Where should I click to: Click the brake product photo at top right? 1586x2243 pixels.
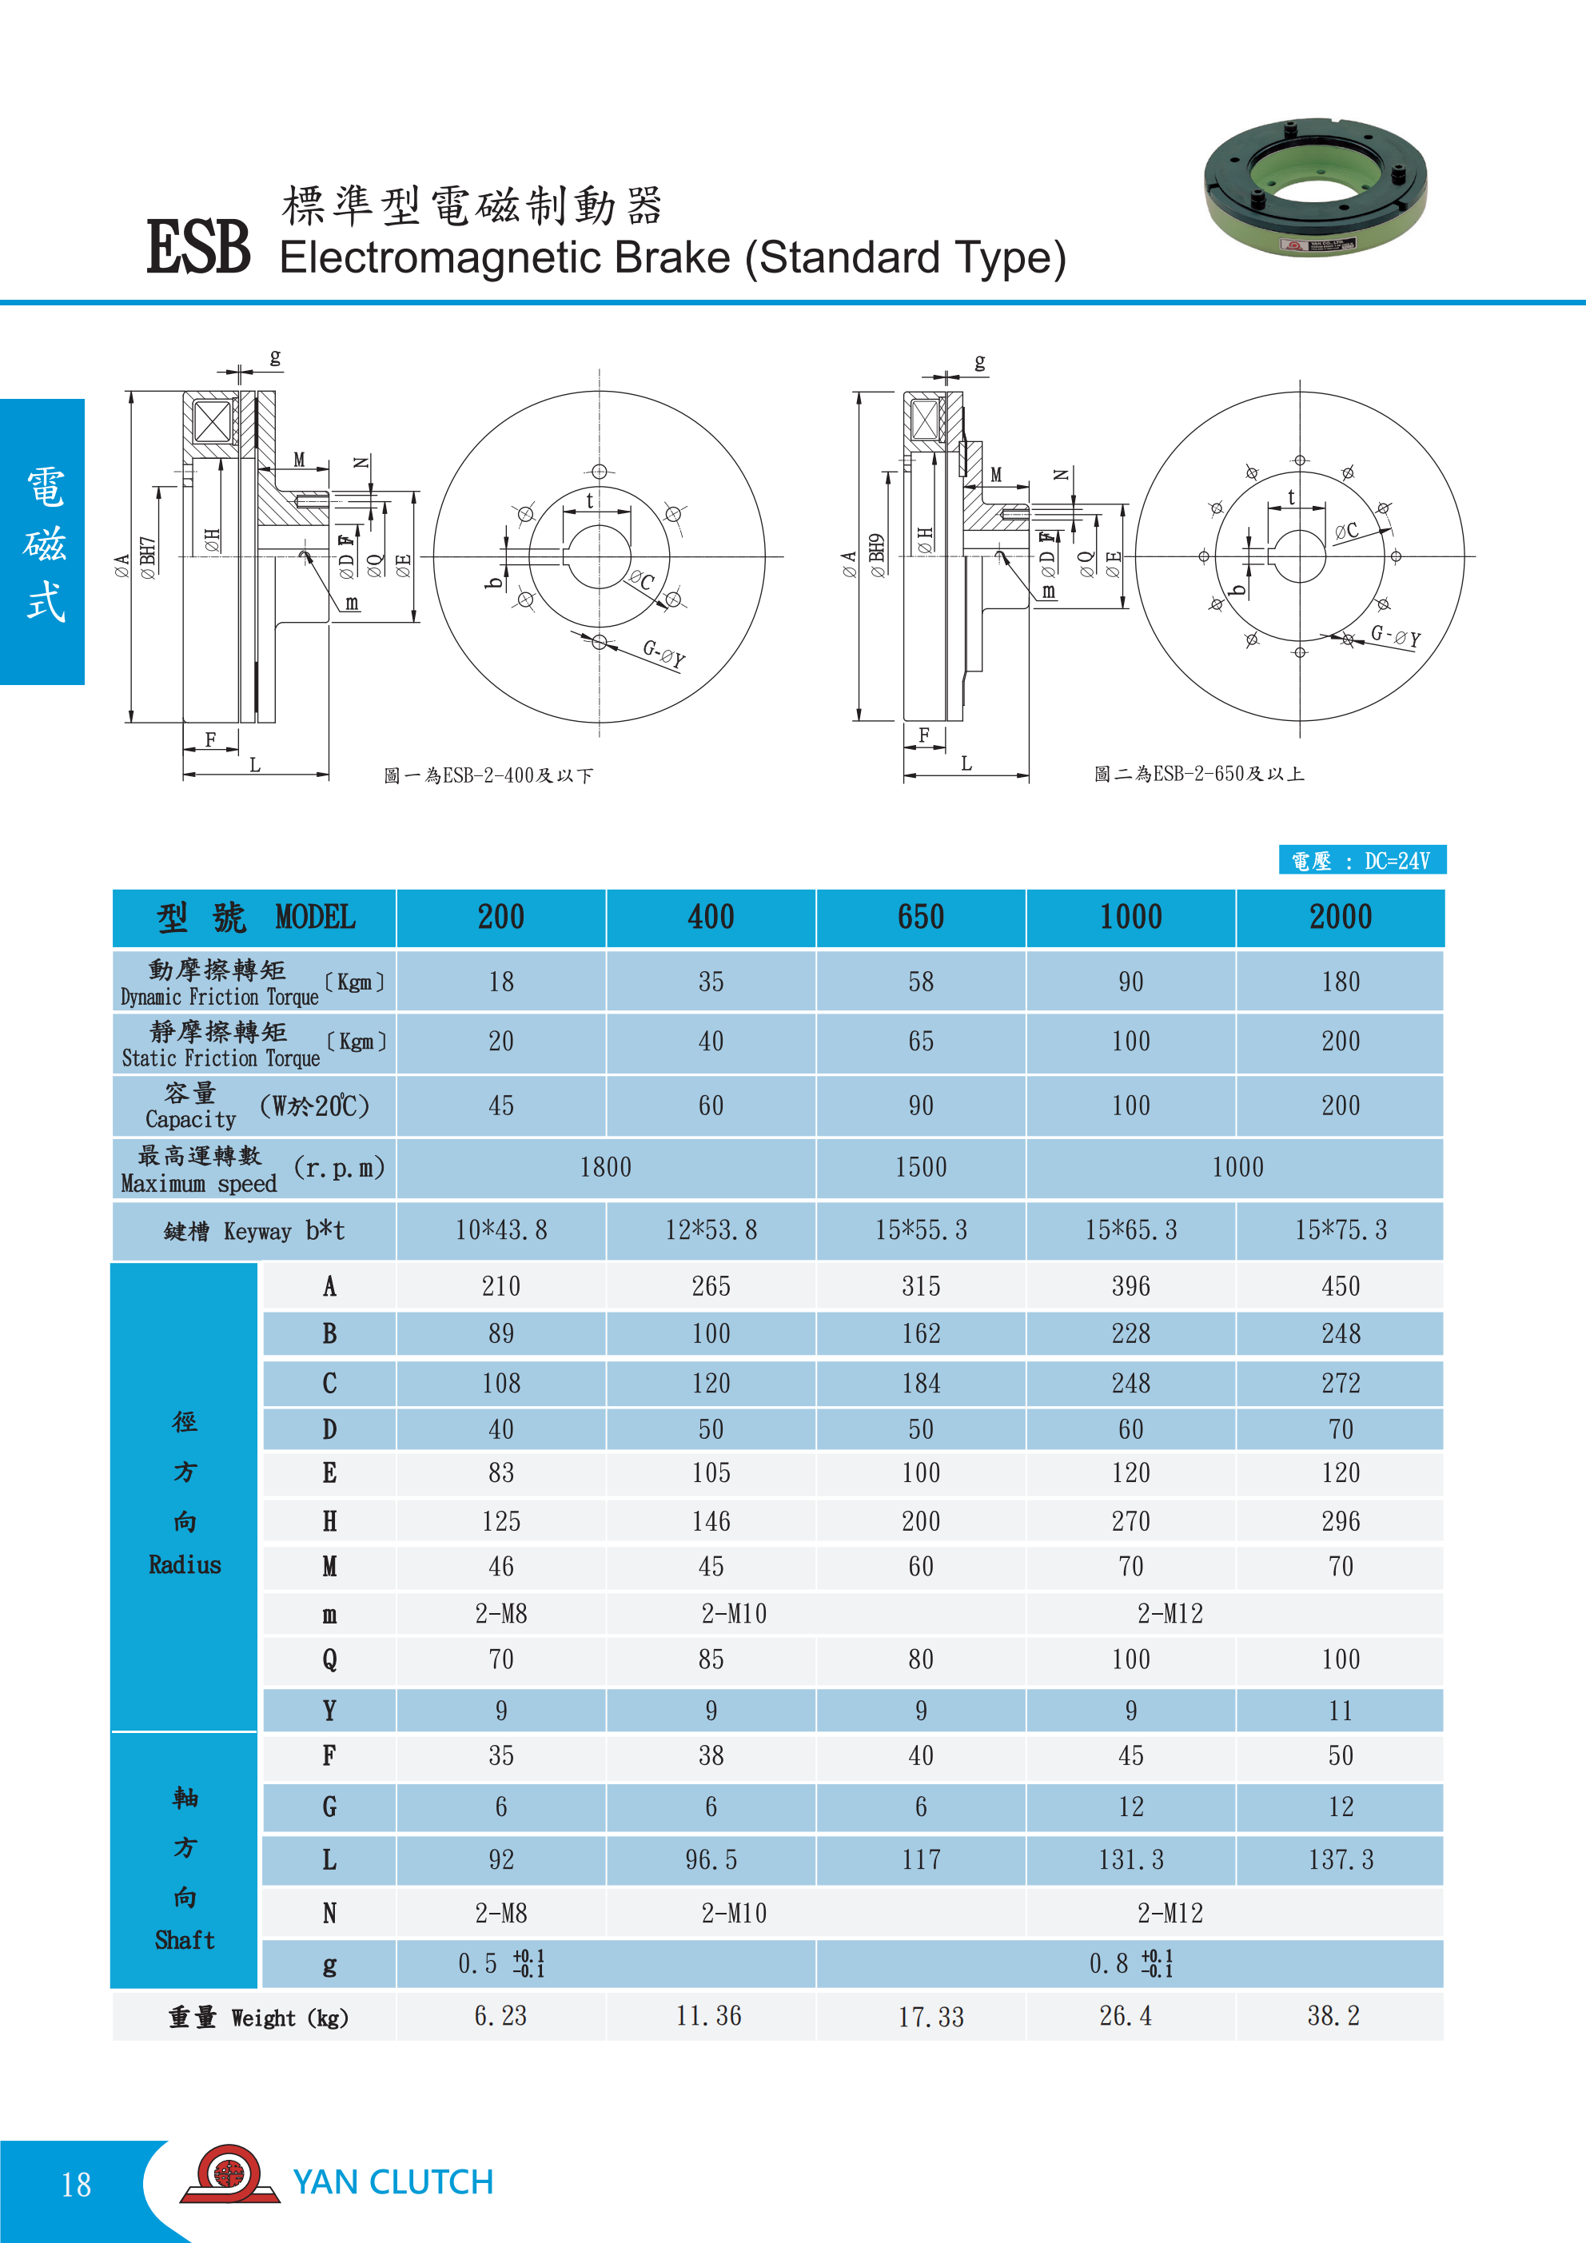(1315, 188)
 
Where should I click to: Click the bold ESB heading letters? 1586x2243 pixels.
(198, 246)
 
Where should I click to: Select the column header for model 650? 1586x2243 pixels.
(921, 918)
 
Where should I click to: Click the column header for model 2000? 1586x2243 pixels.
(1341, 918)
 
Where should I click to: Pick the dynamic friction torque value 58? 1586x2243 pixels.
(921, 982)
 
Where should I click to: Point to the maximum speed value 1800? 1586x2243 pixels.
(606, 1167)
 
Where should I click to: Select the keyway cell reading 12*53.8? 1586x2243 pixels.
(711, 1230)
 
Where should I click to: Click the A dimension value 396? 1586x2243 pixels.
(1130, 1285)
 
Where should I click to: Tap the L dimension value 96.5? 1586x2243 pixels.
(711, 1859)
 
